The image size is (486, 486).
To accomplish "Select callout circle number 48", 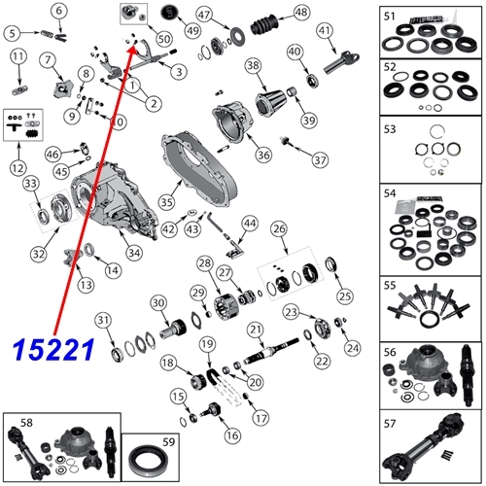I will (300, 13).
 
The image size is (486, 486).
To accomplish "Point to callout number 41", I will (325, 31).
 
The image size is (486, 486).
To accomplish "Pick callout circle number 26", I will (279, 229).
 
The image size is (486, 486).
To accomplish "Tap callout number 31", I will (102, 322).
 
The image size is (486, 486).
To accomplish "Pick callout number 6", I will (59, 11).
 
